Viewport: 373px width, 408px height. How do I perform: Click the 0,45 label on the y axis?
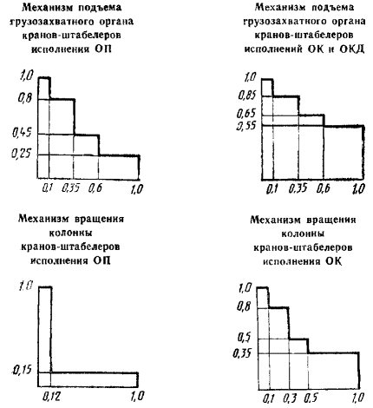coord(21,133)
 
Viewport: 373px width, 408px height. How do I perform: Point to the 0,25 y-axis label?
coord(21,153)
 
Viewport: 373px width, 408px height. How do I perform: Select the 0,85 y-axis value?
coord(247,95)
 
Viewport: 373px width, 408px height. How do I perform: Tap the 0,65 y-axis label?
coord(246,113)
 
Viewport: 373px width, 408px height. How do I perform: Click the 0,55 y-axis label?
coord(246,126)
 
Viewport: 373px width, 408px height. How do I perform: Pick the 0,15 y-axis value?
coord(22,370)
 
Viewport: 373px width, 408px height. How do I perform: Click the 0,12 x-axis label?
coord(52,396)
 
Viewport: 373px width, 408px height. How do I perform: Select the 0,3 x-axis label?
coord(290,398)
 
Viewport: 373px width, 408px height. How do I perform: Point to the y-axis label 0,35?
coord(242,353)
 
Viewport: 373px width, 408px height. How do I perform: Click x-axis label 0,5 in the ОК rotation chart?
coord(311,398)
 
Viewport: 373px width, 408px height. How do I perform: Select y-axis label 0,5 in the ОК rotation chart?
coord(244,337)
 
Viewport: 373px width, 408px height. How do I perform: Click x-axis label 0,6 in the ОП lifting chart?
coord(95,188)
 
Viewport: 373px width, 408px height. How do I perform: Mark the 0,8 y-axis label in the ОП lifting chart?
coord(25,99)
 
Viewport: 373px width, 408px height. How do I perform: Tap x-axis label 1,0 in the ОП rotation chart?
coord(137,396)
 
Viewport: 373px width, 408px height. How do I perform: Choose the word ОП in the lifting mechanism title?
coord(103,49)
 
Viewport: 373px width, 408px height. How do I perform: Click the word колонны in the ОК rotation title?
coord(303,234)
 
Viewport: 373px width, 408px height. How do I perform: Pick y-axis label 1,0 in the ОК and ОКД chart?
coord(251,77)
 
